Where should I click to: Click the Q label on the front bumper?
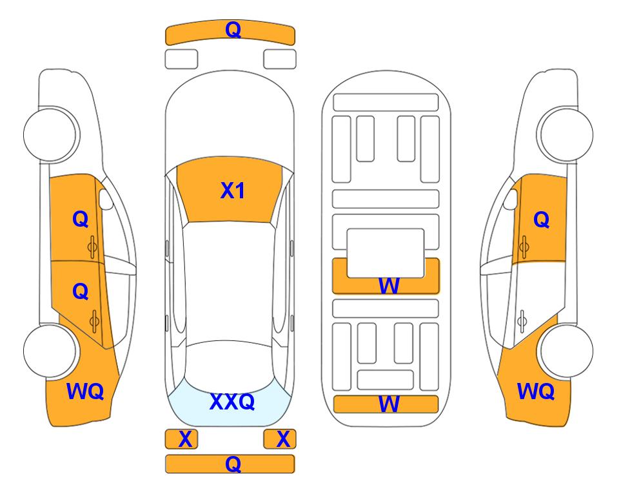coord(233,29)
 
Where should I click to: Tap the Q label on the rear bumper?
coord(233,464)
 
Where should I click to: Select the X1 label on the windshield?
coord(233,191)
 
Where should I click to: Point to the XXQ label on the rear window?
coord(232,401)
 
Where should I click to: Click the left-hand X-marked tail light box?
coord(181,439)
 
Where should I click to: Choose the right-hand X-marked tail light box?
coord(280,439)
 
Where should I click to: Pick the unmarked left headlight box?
coord(181,59)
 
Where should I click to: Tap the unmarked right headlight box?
coord(280,59)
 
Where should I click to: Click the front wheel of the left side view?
coord(50,134)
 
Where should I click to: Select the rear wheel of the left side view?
coord(50,351)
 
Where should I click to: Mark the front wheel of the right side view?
coord(566,134)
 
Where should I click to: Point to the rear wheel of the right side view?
coord(566,351)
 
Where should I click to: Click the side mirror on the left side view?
coord(105,199)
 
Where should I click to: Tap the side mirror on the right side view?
coord(511,199)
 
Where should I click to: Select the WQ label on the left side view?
coord(85,391)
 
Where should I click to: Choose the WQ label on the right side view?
coord(536,391)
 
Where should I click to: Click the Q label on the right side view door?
coord(542,220)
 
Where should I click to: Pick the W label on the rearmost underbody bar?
coord(389,404)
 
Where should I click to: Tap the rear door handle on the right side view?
coord(522,320)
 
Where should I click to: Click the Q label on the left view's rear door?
coord(81,292)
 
